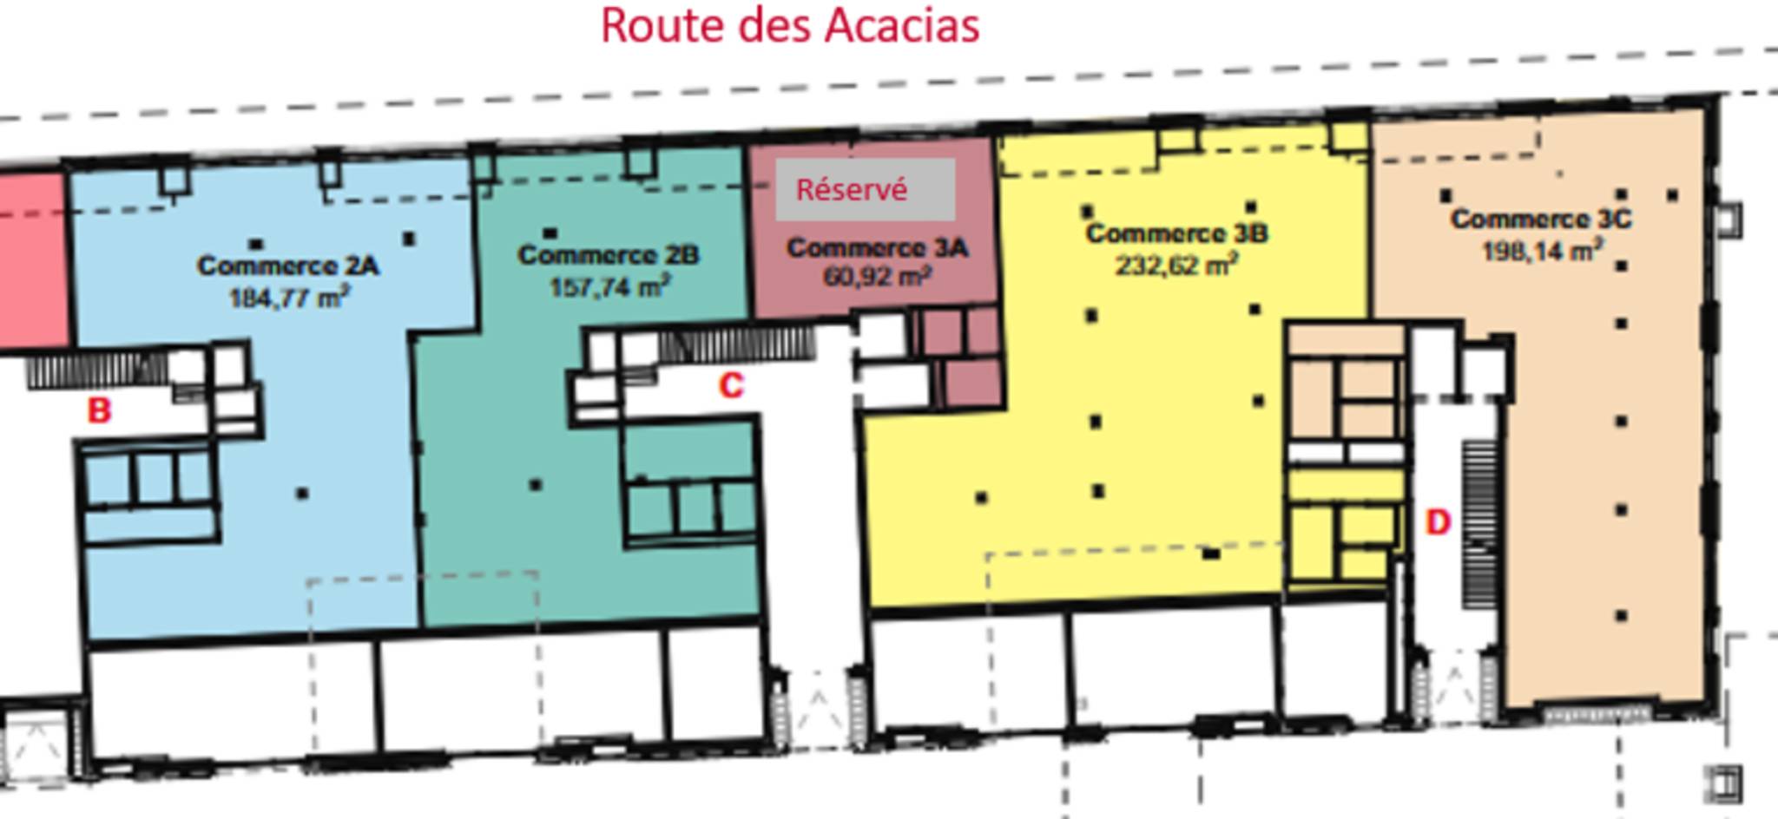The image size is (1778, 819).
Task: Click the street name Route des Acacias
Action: [x=790, y=26]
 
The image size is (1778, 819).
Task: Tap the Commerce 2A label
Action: [x=287, y=265]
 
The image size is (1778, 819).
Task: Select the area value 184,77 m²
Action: [x=289, y=298]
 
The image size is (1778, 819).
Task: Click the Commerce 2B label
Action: [x=608, y=255]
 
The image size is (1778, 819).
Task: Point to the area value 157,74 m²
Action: [x=609, y=286]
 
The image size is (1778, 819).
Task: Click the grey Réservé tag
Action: [x=866, y=189]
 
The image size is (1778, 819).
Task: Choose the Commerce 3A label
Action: [x=877, y=248]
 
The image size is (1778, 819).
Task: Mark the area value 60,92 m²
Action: [x=877, y=277]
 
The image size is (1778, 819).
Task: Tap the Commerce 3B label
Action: [x=1176, y=233]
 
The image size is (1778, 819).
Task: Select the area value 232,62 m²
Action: [x=1176, y=265]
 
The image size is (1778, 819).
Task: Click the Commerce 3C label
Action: [x=1541, y=219]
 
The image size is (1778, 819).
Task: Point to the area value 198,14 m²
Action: [x=1542, y=251]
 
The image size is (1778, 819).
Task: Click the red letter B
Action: [x=100, y=410]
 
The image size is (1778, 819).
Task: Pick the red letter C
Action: [x=731, y=385]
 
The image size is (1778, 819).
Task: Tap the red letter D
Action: [x=1438, y=522]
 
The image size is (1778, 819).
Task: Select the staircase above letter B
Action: [x=97, y=370]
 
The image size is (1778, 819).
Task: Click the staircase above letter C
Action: [x=736, y=344]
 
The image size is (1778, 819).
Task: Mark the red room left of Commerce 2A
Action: [x=33, y=260]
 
